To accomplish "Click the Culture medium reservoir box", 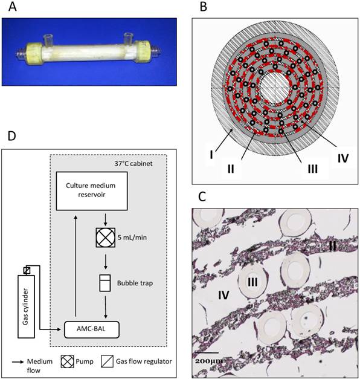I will tap(93, 191).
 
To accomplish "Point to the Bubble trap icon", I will tap(106, 283).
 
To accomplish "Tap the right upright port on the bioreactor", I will tap(129, 37).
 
